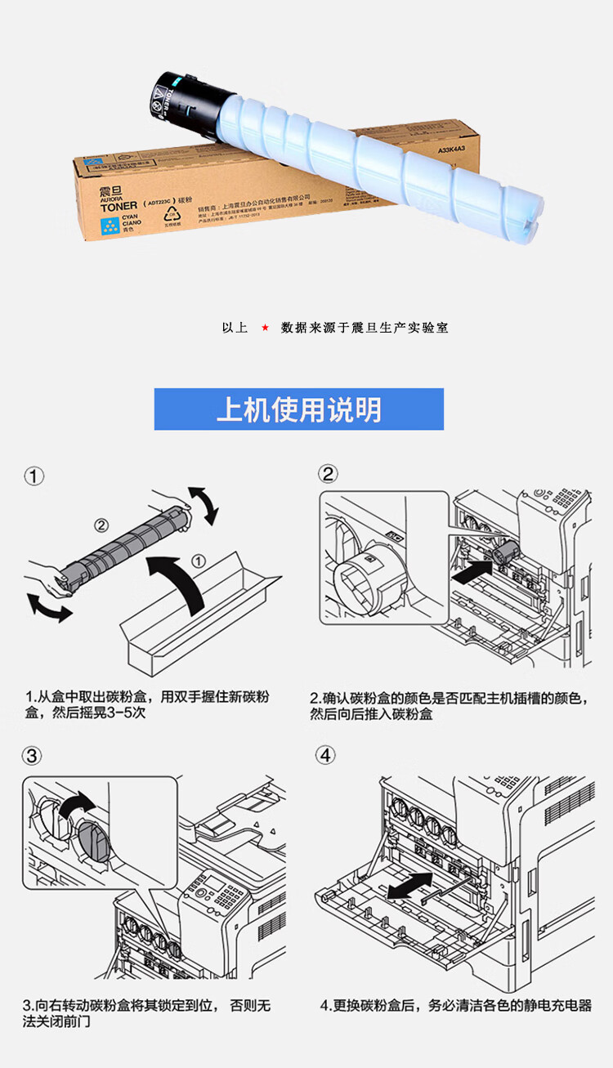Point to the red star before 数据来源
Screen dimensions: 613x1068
pyautogui.click(x=265, y=328)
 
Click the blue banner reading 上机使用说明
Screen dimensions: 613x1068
pyautogui.click(x=298, y=409)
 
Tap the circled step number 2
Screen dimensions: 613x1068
pyautogui.click(x=328, y=475)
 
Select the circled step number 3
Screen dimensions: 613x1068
pyautogui.click(x=32, y=756)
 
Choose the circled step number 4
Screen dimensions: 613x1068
pyautogui.click(x=326, y=755)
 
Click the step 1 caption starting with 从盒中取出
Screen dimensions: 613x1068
pyautogui.click(x=147, y=705)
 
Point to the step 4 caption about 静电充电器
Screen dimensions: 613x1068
pyautogui.click(x=455, y=1006)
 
